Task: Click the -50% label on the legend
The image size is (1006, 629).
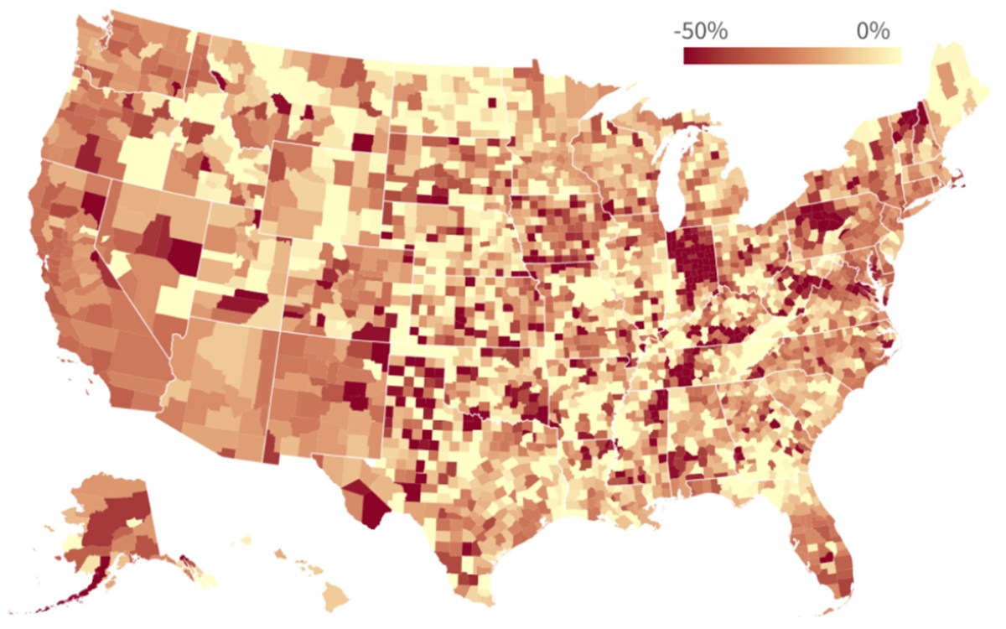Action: tap(701, 33)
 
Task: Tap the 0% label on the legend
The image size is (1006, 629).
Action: tap(872, 33)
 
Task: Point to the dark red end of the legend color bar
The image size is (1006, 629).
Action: tap(689, 56)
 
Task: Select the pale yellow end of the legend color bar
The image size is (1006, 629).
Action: tap(895, 56)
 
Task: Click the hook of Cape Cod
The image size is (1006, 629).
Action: tap(958, 177)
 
